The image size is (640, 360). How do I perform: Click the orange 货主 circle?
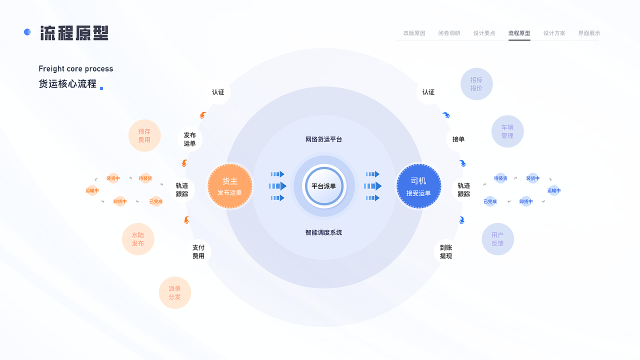tap(229, 186)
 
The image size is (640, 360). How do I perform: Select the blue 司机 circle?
tap(418, 186)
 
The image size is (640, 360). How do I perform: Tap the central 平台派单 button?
tap(323, 186)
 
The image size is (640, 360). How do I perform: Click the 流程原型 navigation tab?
tap(519, 33)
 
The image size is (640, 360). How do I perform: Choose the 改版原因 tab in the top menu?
tap(414, 33)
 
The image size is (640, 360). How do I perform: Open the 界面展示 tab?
tap(589, 33)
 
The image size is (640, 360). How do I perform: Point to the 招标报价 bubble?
tap(476, 84)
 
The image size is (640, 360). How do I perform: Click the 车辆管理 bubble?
tap(507, 131)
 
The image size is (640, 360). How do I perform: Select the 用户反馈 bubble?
tap(497, 239)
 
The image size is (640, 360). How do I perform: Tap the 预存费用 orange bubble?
tap(144, 135)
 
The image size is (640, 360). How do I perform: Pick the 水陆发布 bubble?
tap(138, 239)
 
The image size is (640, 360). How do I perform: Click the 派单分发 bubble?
tap(174, 292)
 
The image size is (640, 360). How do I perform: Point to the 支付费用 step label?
tap(198, 251)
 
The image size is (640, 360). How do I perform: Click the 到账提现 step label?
tap(446, 251)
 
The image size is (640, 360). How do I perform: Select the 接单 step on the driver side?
tap(458, 139)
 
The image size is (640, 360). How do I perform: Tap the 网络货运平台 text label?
tap(323, 139)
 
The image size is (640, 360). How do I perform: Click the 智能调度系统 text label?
tap(323, 232)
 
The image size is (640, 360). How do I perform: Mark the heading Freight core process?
tap(76, 69)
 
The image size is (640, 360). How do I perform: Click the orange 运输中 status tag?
tap(92, 190)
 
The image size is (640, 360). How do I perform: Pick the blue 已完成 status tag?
tap(490, 202)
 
